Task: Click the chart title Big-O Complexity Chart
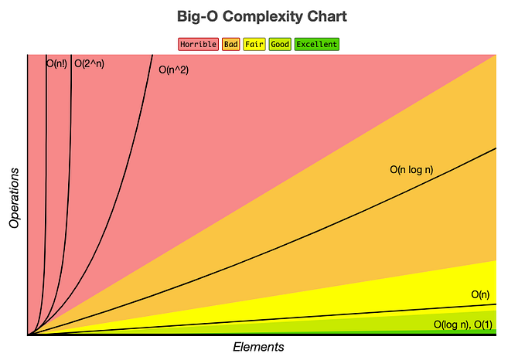pyautogui.click(x=261, y=16)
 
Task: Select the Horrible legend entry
pyautogui.click(x=198, y=44)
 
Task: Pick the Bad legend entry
pyautogui.click(x=230, y=44)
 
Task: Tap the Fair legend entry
pyautogui.click(x=254, y=44)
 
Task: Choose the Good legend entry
pyautogui.click(x=280, y=44)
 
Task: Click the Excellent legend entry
pyautogui.click(x=316, y=44)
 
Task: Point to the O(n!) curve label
pyautogui.click(x=56, y=64)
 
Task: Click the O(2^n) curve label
pyautogui.click(x=89, y=64)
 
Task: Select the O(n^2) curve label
pyautogui.click(x=174, y=70)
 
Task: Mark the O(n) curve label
pyautogui.click(x=480, y=294)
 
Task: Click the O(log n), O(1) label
pyautogui.click(x=462, y=324)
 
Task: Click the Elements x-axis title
pyautogui.click(x=258, y=347)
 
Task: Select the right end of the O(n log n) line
pyautogui.click(x=495, y=148)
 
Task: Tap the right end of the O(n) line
pyautogui.click(x=495, y=304)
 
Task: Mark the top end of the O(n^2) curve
pyautogui.click(x=152, y=56)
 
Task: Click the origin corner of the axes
pyautogui.click(x=28, y=335)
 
